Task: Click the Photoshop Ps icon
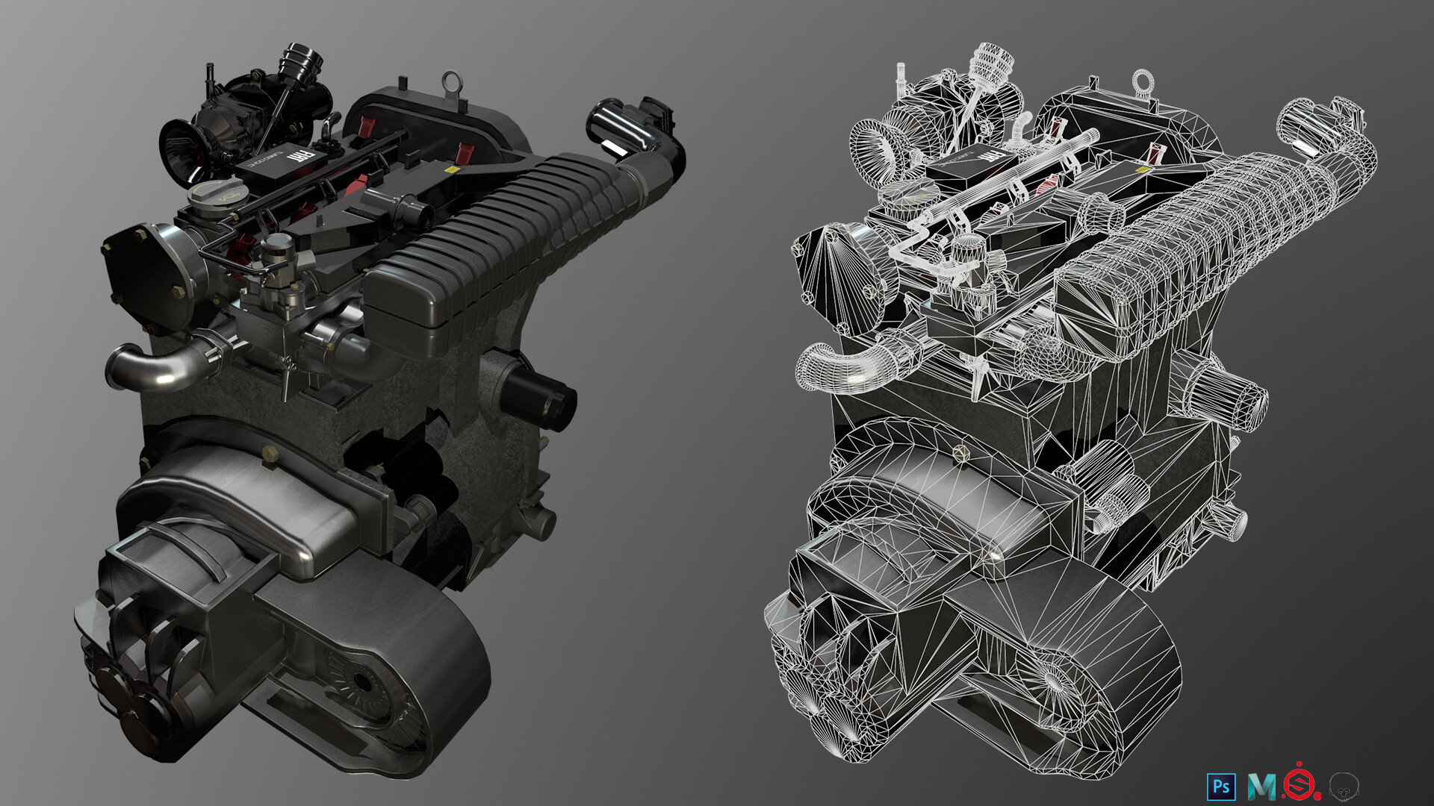click(1221, 787)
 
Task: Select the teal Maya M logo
click(1262, 787)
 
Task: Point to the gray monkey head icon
click(1344, 786)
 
